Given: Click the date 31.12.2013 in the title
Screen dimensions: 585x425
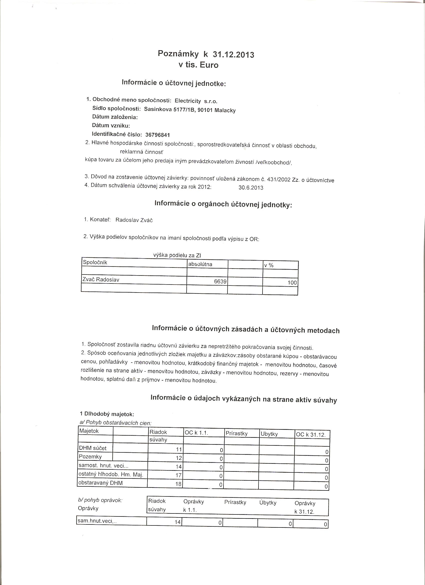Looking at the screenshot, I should [233, 55].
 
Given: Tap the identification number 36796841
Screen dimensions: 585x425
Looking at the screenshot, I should [157, 135].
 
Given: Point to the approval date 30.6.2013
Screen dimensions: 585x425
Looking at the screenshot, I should [251, 188].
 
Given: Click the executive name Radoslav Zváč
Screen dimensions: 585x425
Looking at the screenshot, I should [134, 220].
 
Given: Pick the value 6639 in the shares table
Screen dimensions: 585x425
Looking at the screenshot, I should [220, 281].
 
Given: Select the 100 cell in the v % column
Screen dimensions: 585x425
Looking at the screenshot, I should [292, 283].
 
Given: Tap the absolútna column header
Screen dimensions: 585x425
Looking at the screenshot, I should [200, 264].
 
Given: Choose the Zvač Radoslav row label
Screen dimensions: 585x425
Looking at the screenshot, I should [101, 279].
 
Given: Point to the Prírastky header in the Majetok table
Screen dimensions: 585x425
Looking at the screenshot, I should [236, 433].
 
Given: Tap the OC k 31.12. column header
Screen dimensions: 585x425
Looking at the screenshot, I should [311, 435].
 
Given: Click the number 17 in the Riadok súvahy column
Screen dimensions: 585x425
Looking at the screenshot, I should [178, 475].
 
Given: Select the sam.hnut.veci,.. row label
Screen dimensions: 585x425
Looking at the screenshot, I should [97, 521].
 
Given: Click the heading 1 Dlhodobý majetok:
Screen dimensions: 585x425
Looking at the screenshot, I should [107, 414].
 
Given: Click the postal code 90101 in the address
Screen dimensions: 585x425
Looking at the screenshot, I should [205, 110].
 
